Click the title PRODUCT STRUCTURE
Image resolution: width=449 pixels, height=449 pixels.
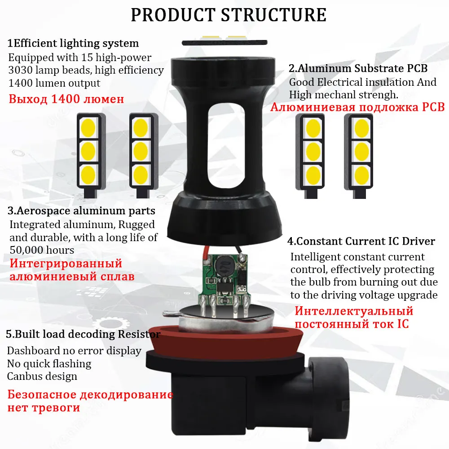pos(229,14)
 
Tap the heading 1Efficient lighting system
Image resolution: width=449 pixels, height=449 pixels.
pos(73,44)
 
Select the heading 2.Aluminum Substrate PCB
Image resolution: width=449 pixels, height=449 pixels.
pos(358,69)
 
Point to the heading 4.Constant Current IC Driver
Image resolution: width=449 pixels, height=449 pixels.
pos(361,241)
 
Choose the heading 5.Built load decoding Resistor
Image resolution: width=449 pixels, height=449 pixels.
pos(83,335)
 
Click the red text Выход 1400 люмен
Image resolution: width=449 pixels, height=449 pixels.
pos(66,99)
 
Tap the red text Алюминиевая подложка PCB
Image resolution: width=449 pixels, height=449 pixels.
pos(357,107)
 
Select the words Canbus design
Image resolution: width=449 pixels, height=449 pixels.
pos(42,376)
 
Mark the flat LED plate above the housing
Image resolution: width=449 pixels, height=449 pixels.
pos(224,42)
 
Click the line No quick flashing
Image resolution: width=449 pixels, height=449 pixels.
pos(49,364)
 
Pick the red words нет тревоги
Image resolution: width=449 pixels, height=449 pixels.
pos(44,408)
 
